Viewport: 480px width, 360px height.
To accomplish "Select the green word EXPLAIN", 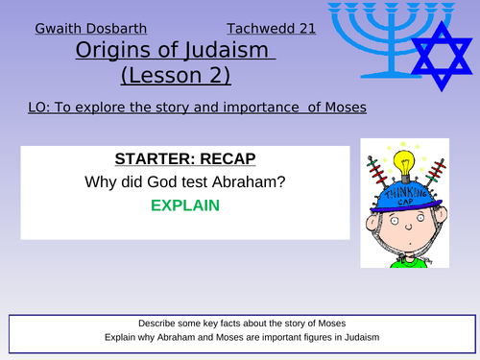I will [183, 204].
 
